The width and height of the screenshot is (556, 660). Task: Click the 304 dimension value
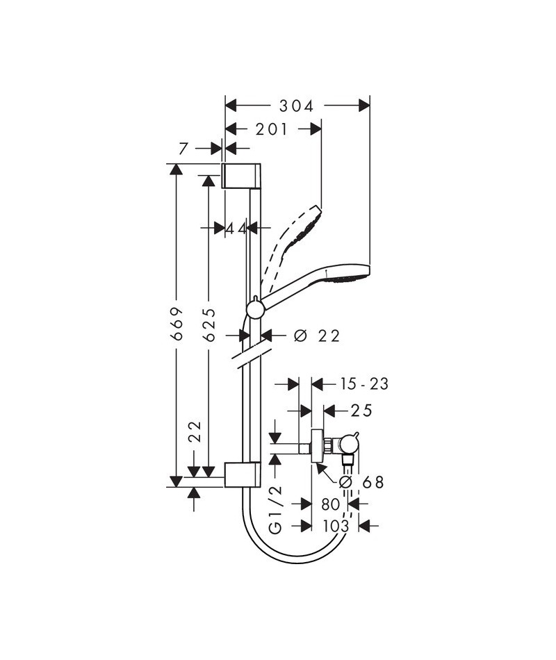(297, 106)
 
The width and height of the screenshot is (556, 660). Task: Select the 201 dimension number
(271, 129)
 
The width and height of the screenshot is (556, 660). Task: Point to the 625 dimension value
(209, 324)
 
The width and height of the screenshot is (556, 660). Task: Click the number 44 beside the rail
(236, 229)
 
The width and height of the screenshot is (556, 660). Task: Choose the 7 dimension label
(183, 149)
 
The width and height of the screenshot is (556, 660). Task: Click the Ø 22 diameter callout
(317, 336)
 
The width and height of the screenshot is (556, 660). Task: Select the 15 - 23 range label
(364, 384)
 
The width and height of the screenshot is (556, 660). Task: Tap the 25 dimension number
(362, 410)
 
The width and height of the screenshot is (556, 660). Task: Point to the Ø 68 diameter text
(362, 482)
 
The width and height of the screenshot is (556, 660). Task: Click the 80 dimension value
(331, 504)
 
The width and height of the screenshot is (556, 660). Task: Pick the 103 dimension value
(336, 526)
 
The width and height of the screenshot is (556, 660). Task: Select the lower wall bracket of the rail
(242, 475)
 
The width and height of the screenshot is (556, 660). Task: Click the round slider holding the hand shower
(255, 311)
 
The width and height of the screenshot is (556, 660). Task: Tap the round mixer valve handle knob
(350, 445)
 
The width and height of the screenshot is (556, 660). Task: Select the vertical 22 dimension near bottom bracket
(195, 431)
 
